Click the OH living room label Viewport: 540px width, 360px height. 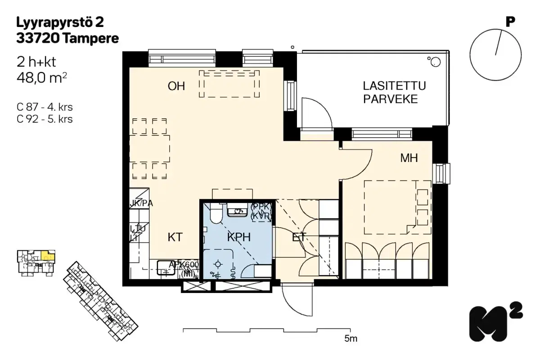[176, 86]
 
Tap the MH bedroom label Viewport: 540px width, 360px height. [409, 158]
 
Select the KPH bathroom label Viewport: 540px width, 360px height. [238, 237]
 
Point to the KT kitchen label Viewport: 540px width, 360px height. [175, 237]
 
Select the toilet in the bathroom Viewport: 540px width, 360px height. [215, 214]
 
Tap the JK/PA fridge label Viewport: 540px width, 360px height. [141, 203]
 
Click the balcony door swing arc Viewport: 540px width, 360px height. [318, 112]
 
